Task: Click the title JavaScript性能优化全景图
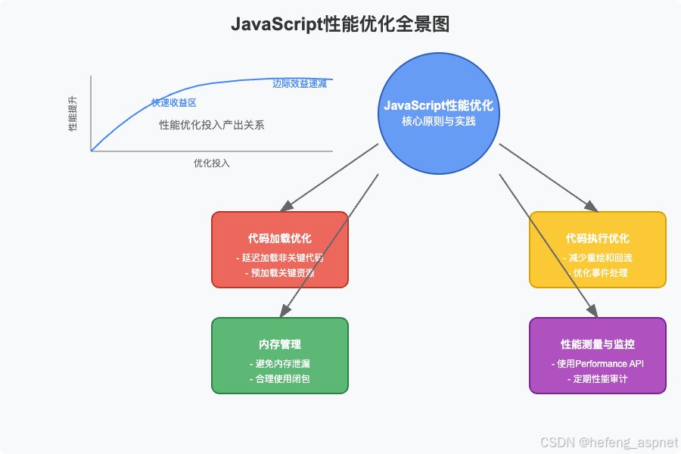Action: tap(340, 24)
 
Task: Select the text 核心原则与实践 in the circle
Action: tap(438, 121)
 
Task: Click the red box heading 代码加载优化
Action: tap(280, 238)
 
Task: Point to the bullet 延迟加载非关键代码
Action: tap(280, 257)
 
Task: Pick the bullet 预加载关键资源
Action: tap(280, 272)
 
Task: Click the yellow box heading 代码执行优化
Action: tap(598, 238)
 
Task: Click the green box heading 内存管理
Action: tap(280, 344)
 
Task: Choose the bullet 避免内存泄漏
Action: tap(280, 363)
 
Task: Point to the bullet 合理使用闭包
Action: tap(280, 378)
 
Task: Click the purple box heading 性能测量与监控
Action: tap(598, 344)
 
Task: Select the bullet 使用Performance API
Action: tap(598, 363)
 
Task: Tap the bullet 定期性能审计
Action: tap(598, 378)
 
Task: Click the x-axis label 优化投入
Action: tap(211, 163)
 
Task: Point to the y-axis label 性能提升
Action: tap(73, 113)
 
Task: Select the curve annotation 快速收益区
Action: tap(173, 103)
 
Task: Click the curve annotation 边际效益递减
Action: tap(300, 83)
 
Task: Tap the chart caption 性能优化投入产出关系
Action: tap(212, 125)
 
